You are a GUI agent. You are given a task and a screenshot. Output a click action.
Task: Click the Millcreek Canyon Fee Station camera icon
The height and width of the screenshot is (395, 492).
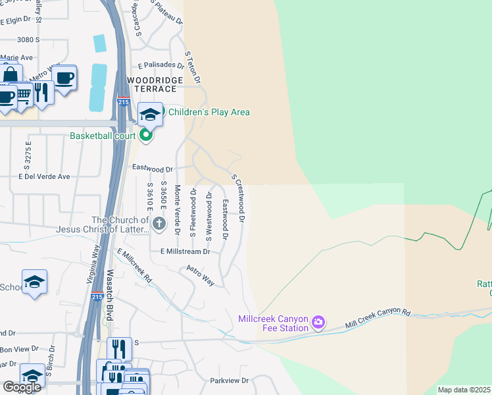[318, 323]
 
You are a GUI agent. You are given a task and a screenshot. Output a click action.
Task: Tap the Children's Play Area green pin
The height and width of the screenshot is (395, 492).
[162, 112]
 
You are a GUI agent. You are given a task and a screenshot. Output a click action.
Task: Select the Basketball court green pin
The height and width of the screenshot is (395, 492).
[146, 136]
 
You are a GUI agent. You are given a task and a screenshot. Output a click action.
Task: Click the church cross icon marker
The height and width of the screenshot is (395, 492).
[159, 224]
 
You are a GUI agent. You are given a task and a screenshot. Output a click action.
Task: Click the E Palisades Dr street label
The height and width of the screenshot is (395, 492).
[160, 65]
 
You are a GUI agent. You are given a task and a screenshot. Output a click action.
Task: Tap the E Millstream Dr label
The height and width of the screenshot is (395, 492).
[184, 251]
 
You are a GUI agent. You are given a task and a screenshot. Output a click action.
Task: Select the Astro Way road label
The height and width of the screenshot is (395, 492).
[200, 275]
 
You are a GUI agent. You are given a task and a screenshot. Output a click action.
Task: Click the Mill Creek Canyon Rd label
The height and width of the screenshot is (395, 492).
[378, 317]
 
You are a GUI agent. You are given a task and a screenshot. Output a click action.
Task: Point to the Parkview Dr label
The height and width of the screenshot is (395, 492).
[229, 381]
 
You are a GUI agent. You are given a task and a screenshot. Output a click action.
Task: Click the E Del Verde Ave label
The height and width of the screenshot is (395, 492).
[44, 176]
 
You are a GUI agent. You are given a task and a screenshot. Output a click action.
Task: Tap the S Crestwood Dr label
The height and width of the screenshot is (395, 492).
[238, 197]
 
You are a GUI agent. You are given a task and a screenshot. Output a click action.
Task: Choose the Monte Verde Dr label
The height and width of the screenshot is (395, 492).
[177, 210]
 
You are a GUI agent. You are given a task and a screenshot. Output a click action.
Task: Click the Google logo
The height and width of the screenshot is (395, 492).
[22, 387]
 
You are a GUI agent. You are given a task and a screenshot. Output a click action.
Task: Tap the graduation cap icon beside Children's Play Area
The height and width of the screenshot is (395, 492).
[150, 114]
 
